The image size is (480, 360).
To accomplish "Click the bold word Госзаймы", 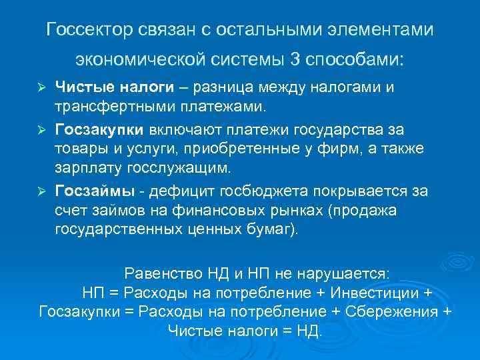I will click(95, 191).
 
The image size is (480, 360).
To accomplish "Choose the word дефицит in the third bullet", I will click(177, 191).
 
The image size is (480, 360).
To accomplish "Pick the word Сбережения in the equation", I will click(399, 311).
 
